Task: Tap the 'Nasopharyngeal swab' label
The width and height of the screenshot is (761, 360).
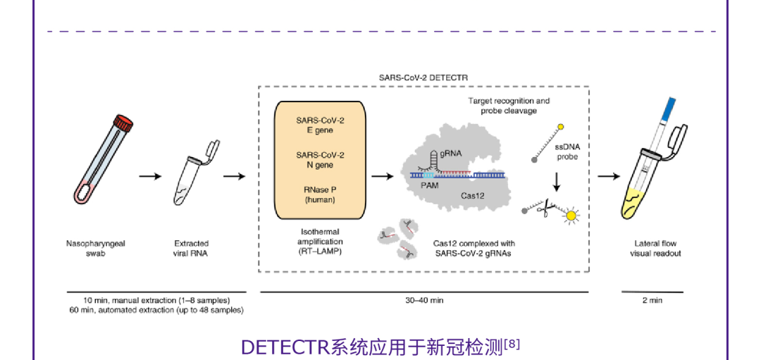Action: click(92, 248)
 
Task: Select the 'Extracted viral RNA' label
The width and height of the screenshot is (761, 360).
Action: click(192, 248)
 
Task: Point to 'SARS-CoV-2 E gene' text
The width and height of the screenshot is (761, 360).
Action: click(320, 125)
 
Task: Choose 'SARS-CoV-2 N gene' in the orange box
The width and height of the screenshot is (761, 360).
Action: click(320, 160)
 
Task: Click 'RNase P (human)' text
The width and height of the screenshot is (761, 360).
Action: click(320, 194)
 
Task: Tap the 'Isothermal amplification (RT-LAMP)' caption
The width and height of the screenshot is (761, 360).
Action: click(320, 241)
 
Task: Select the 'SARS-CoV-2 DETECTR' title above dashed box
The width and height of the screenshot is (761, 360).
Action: click(423, 77)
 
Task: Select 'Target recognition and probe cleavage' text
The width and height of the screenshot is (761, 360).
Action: click(509, 106)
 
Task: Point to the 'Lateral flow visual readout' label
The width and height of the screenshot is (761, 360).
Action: click(655, 248)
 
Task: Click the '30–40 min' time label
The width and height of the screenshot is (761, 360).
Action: click(424, 300)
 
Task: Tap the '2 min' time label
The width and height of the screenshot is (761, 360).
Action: click(652, 300)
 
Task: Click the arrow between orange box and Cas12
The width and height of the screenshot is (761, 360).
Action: click(381, 175)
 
